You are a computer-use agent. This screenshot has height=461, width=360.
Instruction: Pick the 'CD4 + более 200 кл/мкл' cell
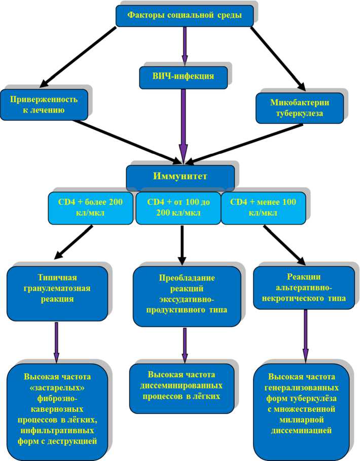click(x=92, y=207)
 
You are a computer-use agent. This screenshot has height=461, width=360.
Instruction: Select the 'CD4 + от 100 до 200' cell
click(x=178, y=207)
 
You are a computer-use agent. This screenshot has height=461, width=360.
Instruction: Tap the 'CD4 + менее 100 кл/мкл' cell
click(x=264, y=207)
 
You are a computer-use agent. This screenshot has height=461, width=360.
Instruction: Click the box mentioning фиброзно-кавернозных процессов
click(x=57, y=409)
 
